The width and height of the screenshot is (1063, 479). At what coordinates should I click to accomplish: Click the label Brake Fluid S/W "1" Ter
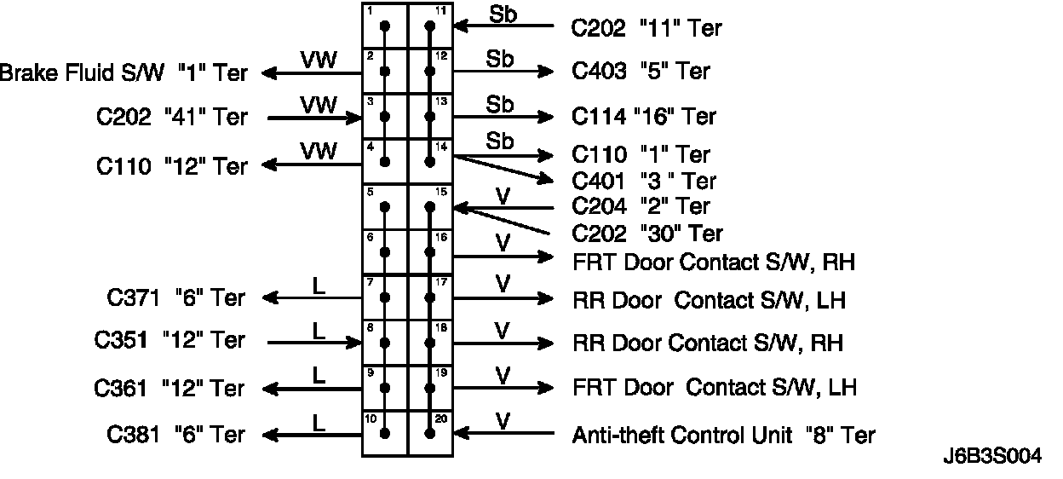click(124, 72)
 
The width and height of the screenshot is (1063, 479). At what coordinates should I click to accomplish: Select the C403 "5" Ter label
click(641, 72)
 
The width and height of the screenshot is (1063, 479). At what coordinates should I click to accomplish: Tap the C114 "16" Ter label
click(644, 116)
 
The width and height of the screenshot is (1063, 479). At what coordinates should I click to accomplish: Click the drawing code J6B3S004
click(991, 456)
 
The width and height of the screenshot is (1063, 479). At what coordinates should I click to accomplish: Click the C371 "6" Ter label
click(176, 298)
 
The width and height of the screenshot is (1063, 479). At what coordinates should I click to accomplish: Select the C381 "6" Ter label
click(176, 435)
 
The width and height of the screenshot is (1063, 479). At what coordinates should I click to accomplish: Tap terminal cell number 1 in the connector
click(385, 26)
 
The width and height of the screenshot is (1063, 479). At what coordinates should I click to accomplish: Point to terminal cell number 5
click(385, 206)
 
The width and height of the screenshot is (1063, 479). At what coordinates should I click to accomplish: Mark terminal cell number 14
click(430, 160)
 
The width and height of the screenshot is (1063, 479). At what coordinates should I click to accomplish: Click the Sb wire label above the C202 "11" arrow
click(503, 14)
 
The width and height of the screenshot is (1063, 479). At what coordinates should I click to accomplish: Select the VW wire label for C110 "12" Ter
click(319, 151)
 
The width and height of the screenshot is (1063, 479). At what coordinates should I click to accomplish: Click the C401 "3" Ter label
click(644, 181)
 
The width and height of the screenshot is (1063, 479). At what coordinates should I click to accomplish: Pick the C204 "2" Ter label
click(641, 206)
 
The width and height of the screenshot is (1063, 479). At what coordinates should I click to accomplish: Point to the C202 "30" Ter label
click(647, 234)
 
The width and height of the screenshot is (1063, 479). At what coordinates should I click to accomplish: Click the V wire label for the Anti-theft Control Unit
click(503, 420)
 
